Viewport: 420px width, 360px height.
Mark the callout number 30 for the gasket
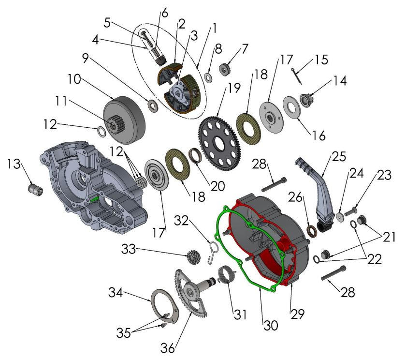coord(271,326)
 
